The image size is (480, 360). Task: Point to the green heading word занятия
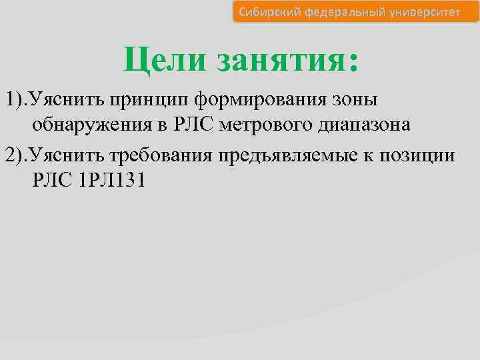point(279,61)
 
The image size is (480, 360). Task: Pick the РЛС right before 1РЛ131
point(52,181)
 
